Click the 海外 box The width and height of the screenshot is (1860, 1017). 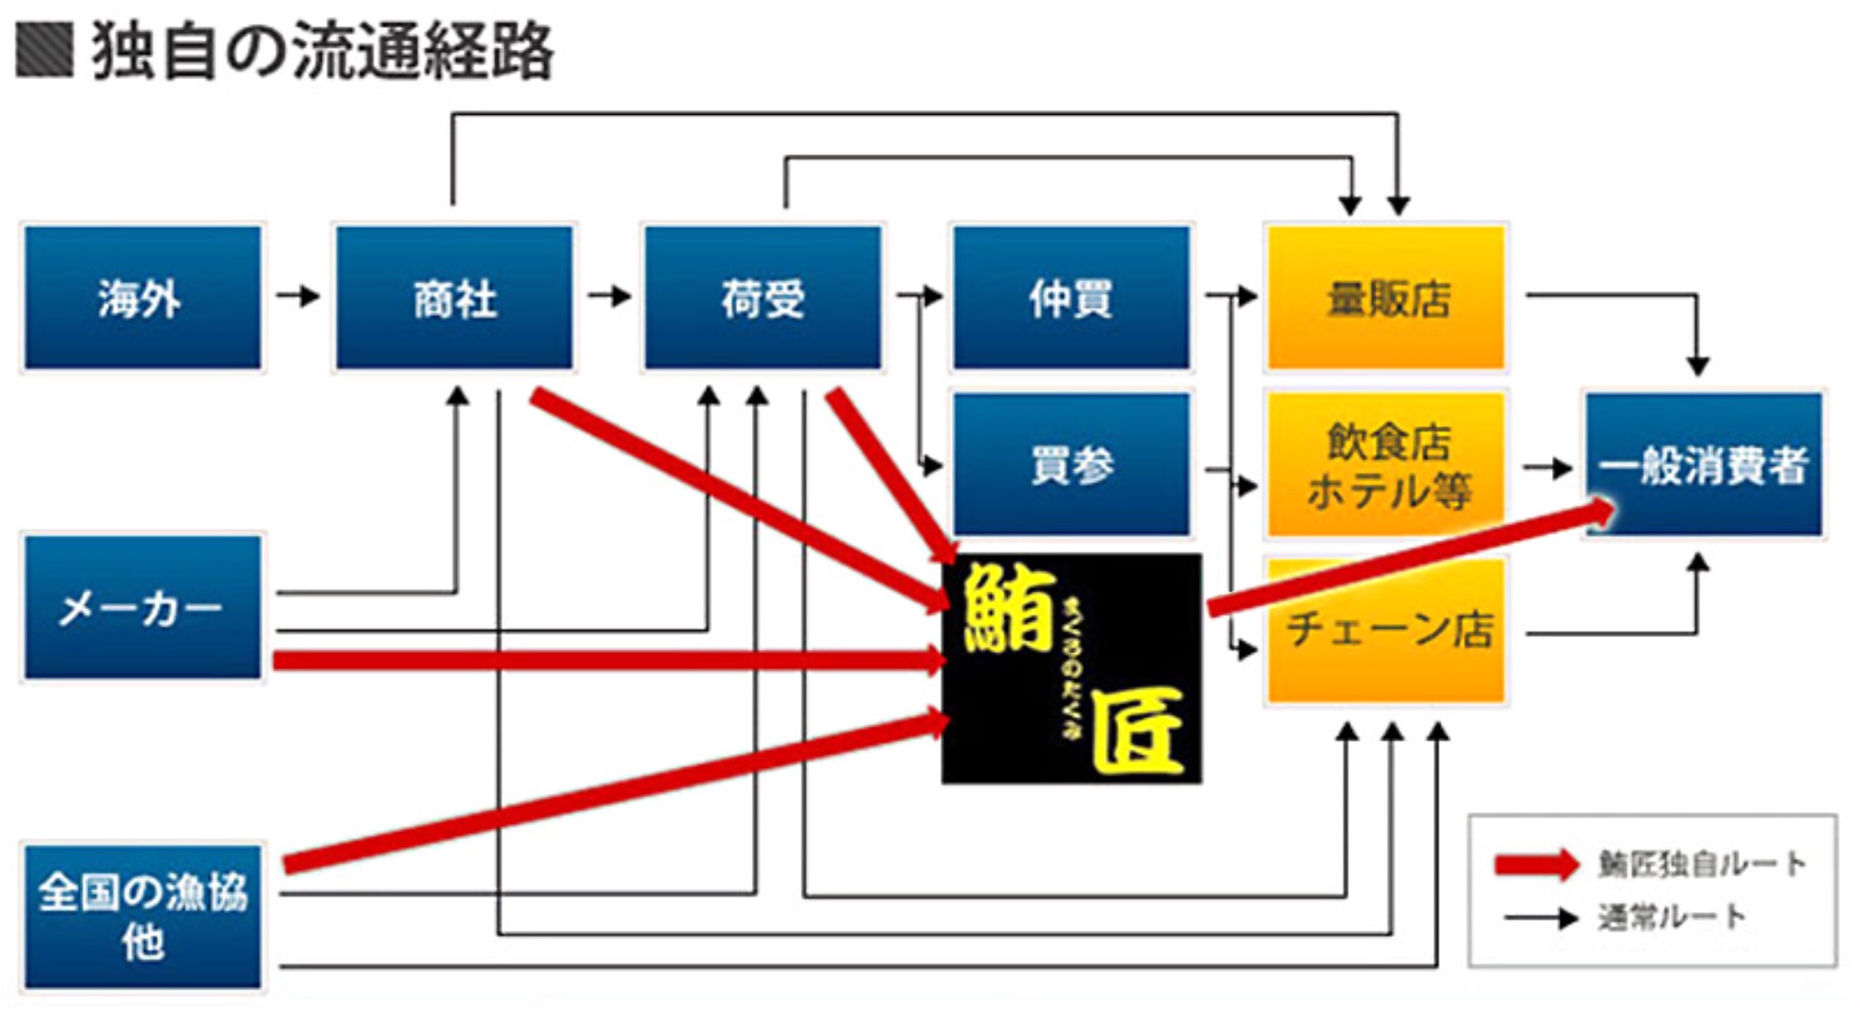click(x=142, y=298)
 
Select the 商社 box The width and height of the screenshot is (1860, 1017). click(x=454, y=298)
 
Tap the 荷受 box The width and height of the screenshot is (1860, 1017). click(x=763, y=298)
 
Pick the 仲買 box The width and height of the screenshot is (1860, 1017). click(x=1072, y=298)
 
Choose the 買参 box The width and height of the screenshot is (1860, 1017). click(x=1072, y=464)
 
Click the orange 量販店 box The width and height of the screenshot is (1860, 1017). click(x=1386, y=298)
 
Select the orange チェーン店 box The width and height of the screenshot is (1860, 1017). click(x=1386, y=630)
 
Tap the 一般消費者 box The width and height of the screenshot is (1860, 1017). click(x=1703, y=464)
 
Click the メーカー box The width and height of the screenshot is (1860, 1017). click(x=142, y=607)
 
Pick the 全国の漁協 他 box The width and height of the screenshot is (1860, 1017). click(x=142, y=916)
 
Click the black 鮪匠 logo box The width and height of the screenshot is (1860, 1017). click(x=1072, y=668)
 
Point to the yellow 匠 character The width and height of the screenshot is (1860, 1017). click(x=1137, y=731)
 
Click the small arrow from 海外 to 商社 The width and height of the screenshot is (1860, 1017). click(x=298, y=296)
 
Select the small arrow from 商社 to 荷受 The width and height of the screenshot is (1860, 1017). click(x=609, y=296)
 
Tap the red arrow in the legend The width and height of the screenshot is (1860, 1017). click(x=1535, y=864)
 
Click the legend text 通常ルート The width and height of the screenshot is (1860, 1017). click(x=1670, y=917)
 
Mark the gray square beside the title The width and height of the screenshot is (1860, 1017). click(x=44, y=50)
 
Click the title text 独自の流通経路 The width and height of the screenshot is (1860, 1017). click(x=322, y=50)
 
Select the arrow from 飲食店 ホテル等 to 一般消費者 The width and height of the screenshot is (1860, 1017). click(x=1548, y=468)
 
